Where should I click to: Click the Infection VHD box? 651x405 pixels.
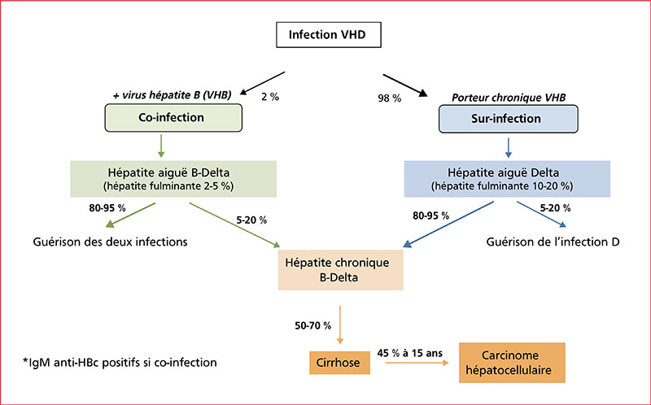pos(329,35)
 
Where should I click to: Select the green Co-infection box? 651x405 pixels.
pos(173,118)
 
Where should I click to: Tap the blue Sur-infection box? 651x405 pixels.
pos(508,119)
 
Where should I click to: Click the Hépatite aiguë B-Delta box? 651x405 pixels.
pos(173,178)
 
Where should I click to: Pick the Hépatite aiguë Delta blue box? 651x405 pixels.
pos(507,178)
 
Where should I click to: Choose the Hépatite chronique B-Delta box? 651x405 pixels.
pos(340,270)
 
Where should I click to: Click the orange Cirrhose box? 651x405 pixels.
pos(339,363)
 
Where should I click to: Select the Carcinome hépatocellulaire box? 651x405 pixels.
pos(512,363)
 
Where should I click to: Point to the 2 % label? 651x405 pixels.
pos(270,97)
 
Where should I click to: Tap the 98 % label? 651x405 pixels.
pos(390,98)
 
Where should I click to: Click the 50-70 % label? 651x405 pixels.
pos(313,326)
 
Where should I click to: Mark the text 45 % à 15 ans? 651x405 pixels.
pos(410,353)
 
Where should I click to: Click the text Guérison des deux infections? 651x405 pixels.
pos(110,242)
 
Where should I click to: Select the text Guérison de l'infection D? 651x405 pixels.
pos(553,242)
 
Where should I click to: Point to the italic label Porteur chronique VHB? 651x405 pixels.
pos(509,98)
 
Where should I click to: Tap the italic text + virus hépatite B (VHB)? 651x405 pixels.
pos(172,95)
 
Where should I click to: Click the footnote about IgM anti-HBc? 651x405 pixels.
pos(120,363)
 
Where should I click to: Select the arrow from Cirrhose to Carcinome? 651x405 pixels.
pos(417,363)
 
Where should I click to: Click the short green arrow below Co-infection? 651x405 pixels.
pos(161,146)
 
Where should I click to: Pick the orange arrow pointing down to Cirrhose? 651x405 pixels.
pos(340,325)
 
